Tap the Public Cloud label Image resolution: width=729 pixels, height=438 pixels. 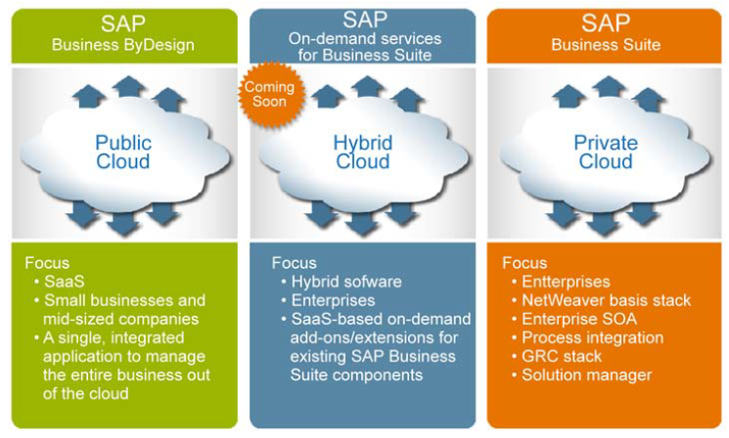[x=122, y=152]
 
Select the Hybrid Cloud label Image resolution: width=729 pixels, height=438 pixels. [x=362, y=152]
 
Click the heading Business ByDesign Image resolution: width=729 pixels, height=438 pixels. [x=122, y=44]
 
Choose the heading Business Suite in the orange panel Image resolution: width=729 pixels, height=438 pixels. [x=606, y=44]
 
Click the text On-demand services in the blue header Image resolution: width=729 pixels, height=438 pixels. [x=364, y=38]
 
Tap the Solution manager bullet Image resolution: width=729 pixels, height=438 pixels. [x=586, y=374]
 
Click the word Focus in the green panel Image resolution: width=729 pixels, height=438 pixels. [x=47, y=263]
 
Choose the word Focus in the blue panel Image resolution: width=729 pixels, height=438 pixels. [x=294, y=263]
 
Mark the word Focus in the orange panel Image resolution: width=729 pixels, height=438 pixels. [x=524, y=263]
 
